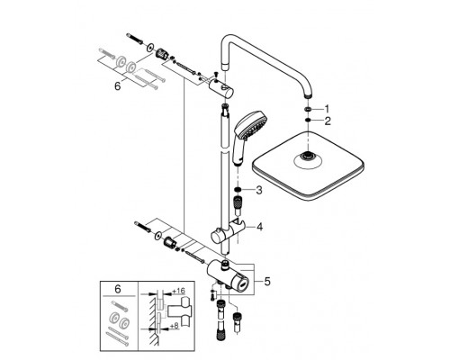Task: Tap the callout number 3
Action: click(259, 190)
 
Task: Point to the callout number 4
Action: click(259, 228)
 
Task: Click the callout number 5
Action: click(265, 280)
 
